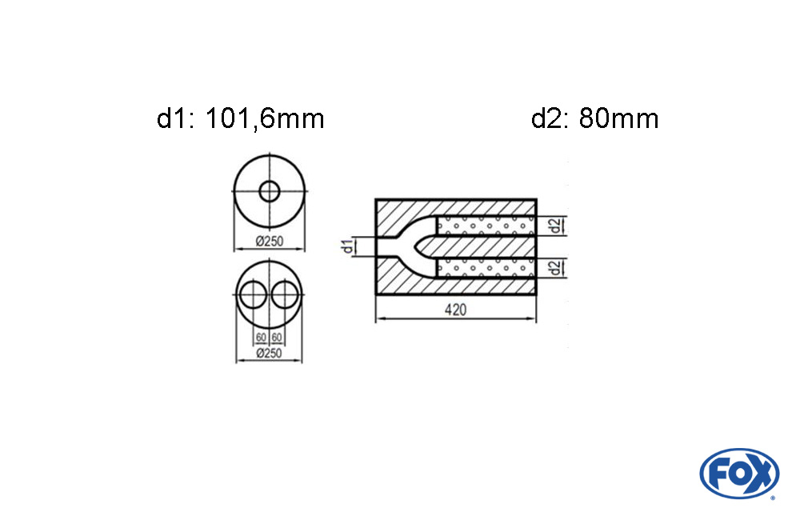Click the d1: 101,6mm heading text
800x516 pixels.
[x=240, y=118]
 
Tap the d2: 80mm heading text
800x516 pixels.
[x=595, y=118]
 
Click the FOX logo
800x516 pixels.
[x=739, y=474]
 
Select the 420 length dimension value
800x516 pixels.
[x=455, y=310]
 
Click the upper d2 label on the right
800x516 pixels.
[x=556, y=225]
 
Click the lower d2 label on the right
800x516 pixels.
[x=556, y=267]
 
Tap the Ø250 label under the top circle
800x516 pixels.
[x=270, y=241]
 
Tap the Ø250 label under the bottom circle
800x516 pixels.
[x=270, y=353]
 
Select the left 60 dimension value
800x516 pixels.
[x=262, y=338]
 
